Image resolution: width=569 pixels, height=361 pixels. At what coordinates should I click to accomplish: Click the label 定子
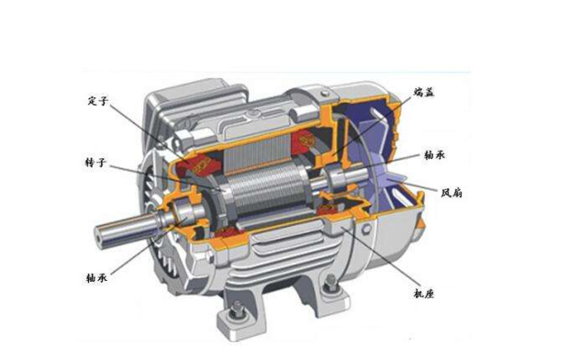98,101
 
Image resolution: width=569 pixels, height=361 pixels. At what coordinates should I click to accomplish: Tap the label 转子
95,163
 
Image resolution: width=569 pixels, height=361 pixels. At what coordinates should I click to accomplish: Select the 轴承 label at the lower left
97,278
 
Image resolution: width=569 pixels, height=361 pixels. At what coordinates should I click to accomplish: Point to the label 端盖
424,92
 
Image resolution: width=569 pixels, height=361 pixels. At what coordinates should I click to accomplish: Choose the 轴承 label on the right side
434,155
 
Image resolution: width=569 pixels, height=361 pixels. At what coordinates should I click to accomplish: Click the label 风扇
452,193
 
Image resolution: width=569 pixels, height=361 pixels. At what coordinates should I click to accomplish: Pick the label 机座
424,293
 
